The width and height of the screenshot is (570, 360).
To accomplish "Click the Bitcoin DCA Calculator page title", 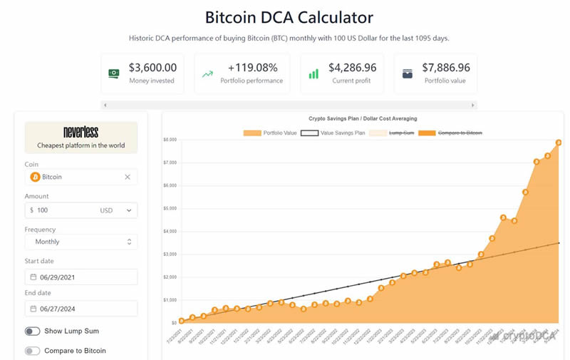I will [x=289, y=17].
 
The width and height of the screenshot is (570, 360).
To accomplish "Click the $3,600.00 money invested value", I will [x=152, y=68].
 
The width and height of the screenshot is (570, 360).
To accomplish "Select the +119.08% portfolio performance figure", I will [x=253, y=68].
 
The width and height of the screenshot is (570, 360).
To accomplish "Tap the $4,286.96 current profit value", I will [x=352, y=68].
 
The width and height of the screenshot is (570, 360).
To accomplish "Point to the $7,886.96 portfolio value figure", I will [x=445, y=68].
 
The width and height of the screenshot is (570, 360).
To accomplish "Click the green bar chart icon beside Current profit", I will [x=313, y=73].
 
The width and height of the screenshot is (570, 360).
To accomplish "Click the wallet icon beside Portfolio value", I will [x=408, y=73].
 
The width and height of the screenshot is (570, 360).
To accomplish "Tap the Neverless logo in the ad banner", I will [x=81, y=132].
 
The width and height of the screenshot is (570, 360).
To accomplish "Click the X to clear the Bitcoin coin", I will [x=128, y=177].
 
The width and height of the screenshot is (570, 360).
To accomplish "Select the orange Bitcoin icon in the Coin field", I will [x=35, y=177].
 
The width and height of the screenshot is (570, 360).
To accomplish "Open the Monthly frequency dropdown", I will [x=81, y=242].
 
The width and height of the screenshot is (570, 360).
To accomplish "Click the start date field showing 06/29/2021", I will [x=81, y=277].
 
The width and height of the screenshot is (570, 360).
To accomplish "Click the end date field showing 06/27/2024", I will [x=81, y=308].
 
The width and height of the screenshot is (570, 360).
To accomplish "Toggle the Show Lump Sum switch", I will [x=33, y=331].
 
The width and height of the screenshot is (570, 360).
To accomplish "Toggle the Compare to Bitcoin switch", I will [x=33, y=351].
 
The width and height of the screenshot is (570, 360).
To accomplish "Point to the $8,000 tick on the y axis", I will [x=170, y=140].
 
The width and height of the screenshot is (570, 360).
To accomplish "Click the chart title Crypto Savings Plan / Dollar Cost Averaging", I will [x=363, y=118].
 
